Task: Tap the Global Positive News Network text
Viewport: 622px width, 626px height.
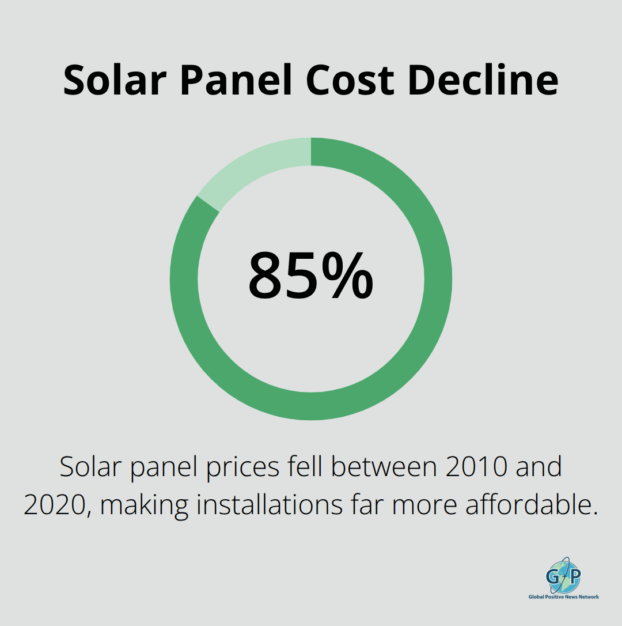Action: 564,597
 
